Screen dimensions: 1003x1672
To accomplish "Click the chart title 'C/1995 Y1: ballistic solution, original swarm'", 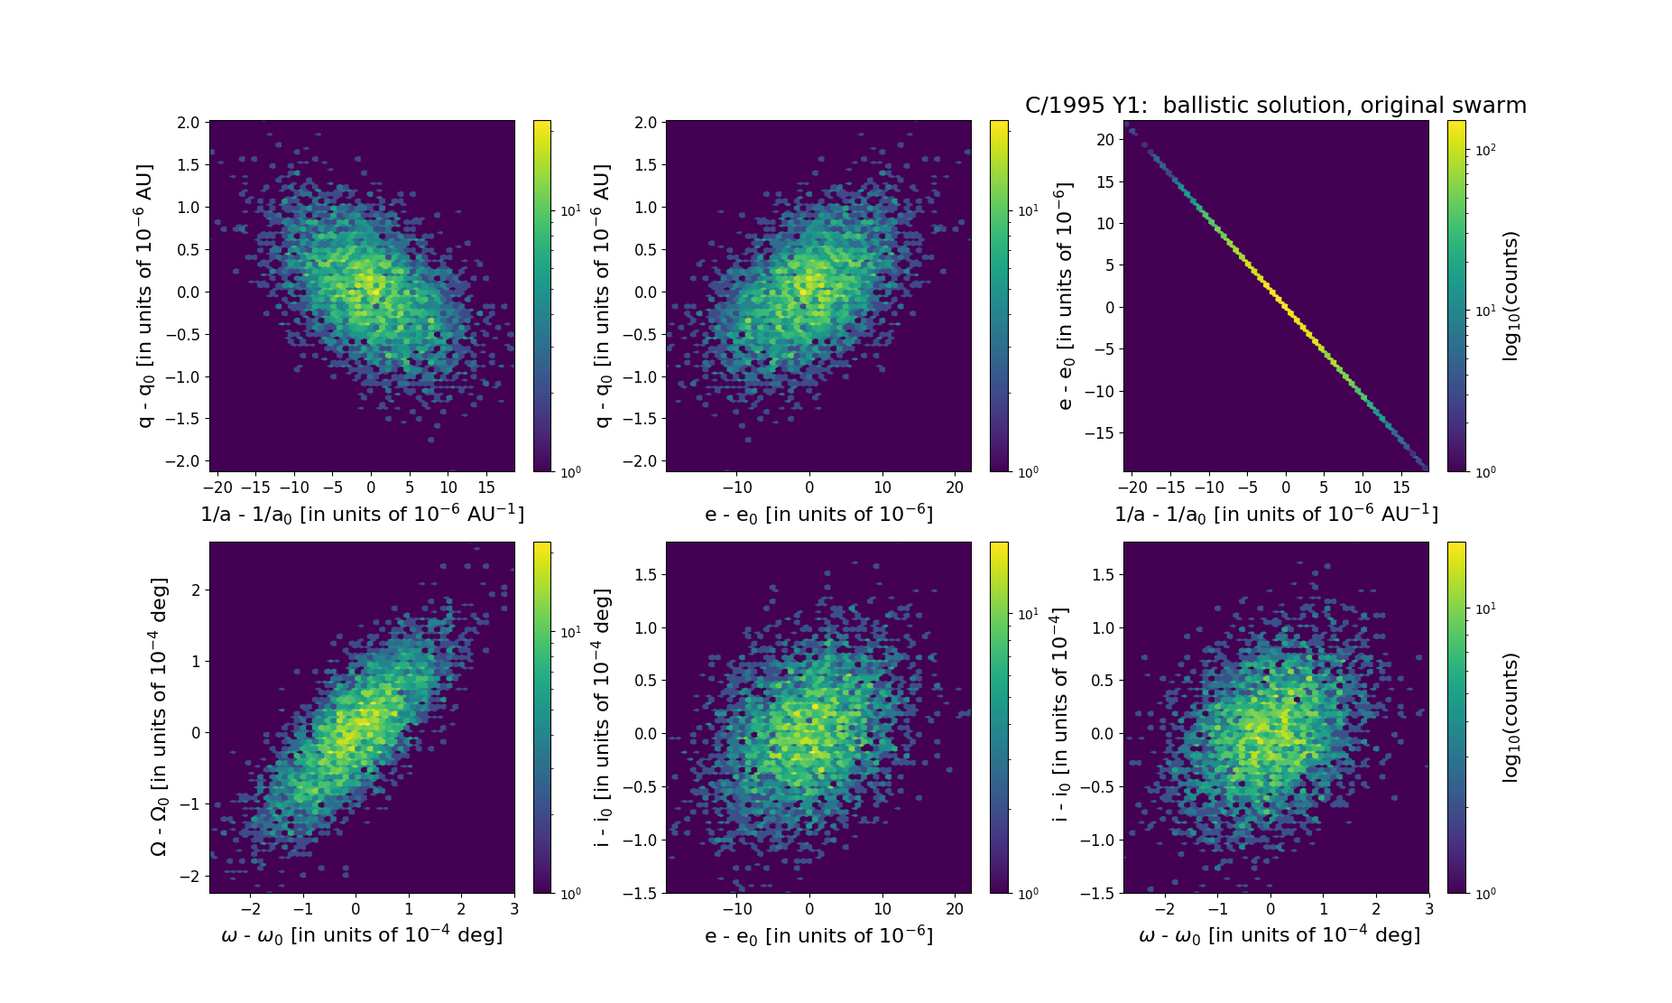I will point(1275,106).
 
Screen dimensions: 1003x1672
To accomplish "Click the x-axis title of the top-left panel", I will point(362,514).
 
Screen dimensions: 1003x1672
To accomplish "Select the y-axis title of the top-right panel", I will point(1065,296).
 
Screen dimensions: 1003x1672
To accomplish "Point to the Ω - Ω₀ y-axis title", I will point(158,717).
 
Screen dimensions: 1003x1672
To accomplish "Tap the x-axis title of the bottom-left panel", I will point(362,935).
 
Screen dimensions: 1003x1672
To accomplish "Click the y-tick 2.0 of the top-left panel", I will point(188,123).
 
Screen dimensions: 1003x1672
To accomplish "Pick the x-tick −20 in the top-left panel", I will point(217,488).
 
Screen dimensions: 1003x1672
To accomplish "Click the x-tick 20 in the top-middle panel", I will point(955,488).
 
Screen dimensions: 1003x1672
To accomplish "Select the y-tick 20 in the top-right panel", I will point(1106,140).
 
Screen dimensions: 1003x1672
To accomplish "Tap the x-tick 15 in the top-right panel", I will point(1400,488).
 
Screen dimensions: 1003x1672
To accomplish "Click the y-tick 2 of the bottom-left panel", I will point(195,590).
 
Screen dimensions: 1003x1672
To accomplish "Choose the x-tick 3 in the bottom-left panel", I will point(514,909).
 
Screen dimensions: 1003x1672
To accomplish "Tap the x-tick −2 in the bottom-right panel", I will point(1165,909).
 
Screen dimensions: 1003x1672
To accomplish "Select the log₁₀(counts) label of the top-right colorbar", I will point(1510,296).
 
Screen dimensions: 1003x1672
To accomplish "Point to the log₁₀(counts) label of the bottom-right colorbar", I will point(1510,717).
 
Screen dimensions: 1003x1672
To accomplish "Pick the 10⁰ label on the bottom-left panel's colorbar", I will point(570,894).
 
